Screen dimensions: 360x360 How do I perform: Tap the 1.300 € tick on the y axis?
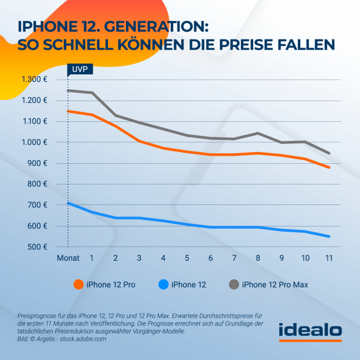(x=35, y=80)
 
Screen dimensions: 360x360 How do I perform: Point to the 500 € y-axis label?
(x=38, y=247)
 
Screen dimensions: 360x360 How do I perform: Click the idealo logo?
(x=310, y=330)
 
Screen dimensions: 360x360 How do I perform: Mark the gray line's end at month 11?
(x=329, y=153)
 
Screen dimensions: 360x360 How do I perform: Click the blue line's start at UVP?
(x=69, y=203)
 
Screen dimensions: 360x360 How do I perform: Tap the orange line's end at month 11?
(x=329, y=167)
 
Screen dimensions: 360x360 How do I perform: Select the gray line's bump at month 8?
(x=257, y=133)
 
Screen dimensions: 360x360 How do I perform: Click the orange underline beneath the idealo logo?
(x=310, y=340)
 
